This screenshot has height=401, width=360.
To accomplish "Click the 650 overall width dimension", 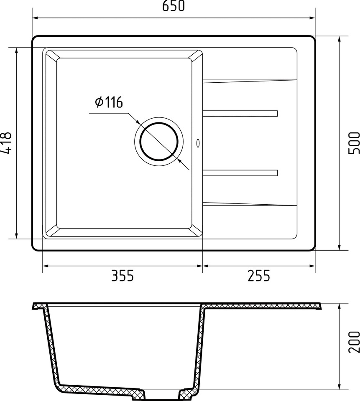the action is coord(174,6).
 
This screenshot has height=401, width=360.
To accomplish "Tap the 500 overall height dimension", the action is coord(354,143).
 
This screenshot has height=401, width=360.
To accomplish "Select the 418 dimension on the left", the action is coord(6,143).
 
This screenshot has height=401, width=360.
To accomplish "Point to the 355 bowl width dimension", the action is coord(123,276).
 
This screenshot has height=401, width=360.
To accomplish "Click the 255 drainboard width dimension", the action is coord(258,276).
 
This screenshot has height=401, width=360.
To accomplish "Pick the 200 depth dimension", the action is coord(354,342).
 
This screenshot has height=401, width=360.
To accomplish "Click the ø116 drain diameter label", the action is coord(109,102).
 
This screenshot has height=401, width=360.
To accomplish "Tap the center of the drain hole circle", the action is coord(159,142).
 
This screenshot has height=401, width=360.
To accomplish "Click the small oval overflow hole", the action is coord(198,143).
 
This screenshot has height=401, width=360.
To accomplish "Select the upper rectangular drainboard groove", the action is coord(240,113).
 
